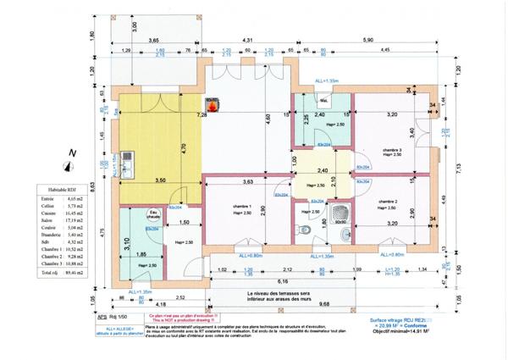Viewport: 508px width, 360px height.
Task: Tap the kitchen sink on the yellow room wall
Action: pos(128,160)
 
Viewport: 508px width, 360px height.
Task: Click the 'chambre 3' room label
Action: pos(390,150)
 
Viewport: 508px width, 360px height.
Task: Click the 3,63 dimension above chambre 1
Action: pos(248,181)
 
